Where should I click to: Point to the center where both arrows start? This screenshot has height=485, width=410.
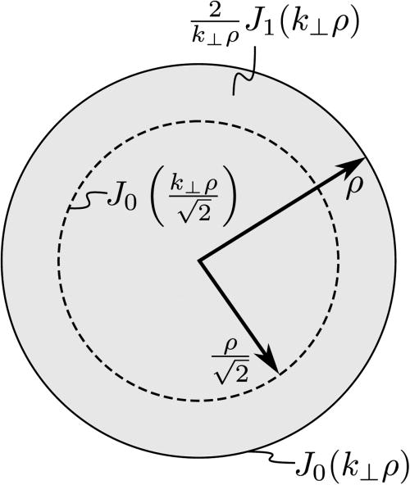pyautogui.click(x=199, y=261)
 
